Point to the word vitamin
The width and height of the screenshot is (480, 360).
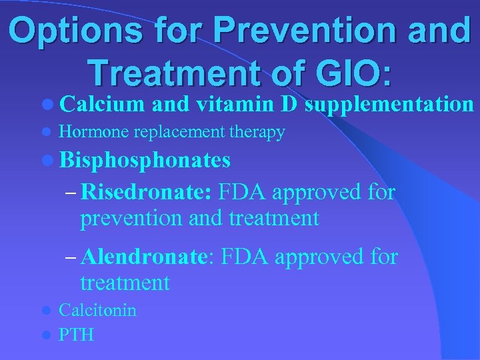(x=233, y=105)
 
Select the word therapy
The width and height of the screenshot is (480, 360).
(x=257, y=133)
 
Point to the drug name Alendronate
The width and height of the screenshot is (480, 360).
(x=148, y=256)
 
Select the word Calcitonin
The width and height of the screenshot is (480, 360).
(x=97, y=311)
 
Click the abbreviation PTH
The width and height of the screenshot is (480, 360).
(x=76, y=334)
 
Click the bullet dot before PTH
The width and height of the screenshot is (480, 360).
(x=45, y=335)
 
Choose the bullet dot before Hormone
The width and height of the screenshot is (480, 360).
(x=45, y=133)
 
